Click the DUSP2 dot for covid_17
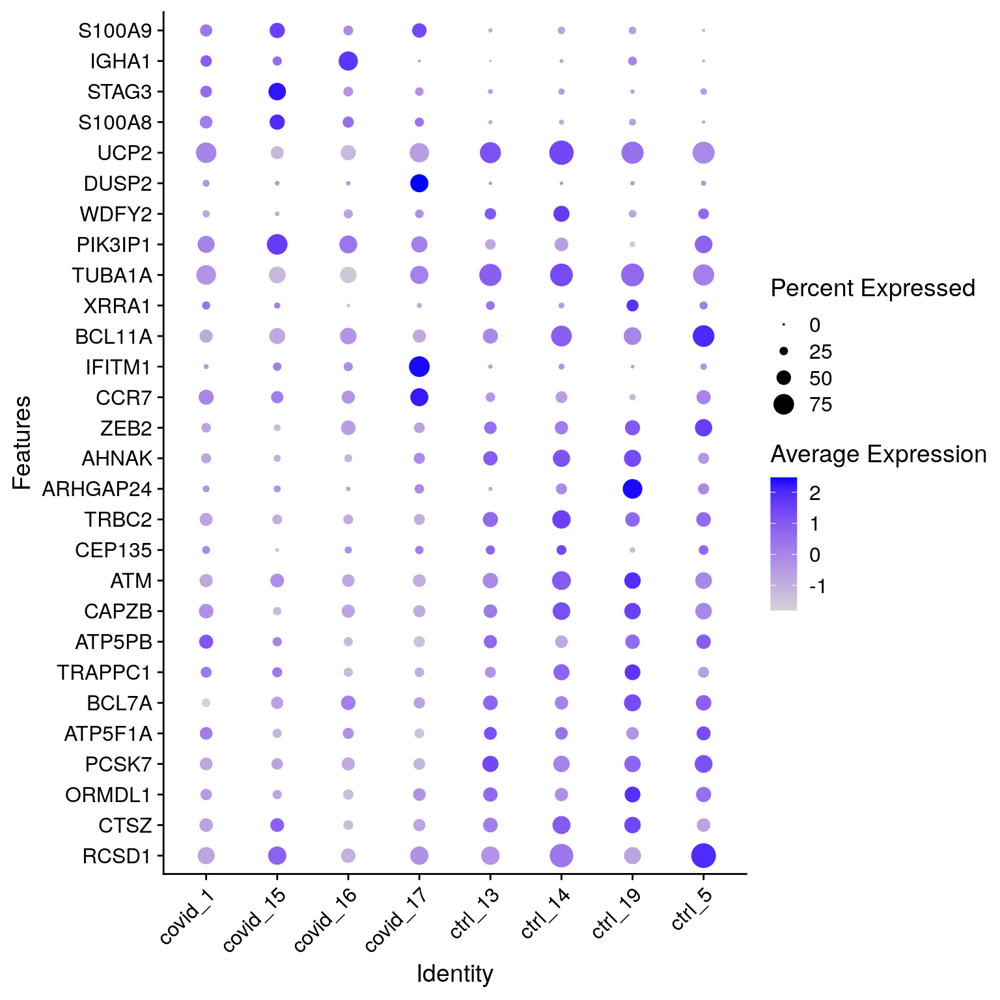click(419, 184)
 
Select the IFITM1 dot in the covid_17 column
click(419, 367)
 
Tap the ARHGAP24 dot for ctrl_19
click(632, 488)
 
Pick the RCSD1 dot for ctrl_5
click(703, 855)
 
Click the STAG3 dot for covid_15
click(277, 92)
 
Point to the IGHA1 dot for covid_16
click(348, 61)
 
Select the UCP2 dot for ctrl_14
click(561, 153)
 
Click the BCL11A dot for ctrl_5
click(703, 336)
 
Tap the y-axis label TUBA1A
click(112, 275)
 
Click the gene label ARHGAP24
click(97, 489)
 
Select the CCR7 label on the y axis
click(124, 397)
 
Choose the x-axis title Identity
click(454, 974)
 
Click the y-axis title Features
click(21, 442)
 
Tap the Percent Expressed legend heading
click(872, 288)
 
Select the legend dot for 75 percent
click(784, 404)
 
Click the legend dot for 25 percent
click(784, 352)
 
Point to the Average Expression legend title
click(878, 454)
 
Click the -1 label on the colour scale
click(818, 587)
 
